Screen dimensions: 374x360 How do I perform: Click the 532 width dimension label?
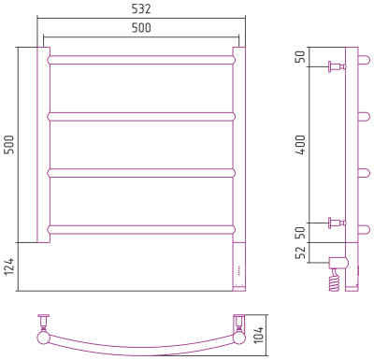click(x=141, y=8)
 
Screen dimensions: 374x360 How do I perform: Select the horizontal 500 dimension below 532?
click(x=141, y=28)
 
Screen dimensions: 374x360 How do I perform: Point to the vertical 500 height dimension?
click(x=9, y=145)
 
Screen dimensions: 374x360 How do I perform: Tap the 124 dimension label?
click(x=9, y=266)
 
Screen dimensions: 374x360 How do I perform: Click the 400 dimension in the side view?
click(x=301, y=145)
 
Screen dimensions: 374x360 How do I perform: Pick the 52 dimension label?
click(x=301, y=252)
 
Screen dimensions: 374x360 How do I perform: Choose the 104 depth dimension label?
click(x=258, y=335)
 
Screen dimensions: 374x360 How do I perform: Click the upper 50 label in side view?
click(x=301, y=56)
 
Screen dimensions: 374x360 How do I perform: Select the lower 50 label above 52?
click(x=301, y=233)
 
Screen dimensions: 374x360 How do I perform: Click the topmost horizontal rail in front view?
click(x=141, y=60)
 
